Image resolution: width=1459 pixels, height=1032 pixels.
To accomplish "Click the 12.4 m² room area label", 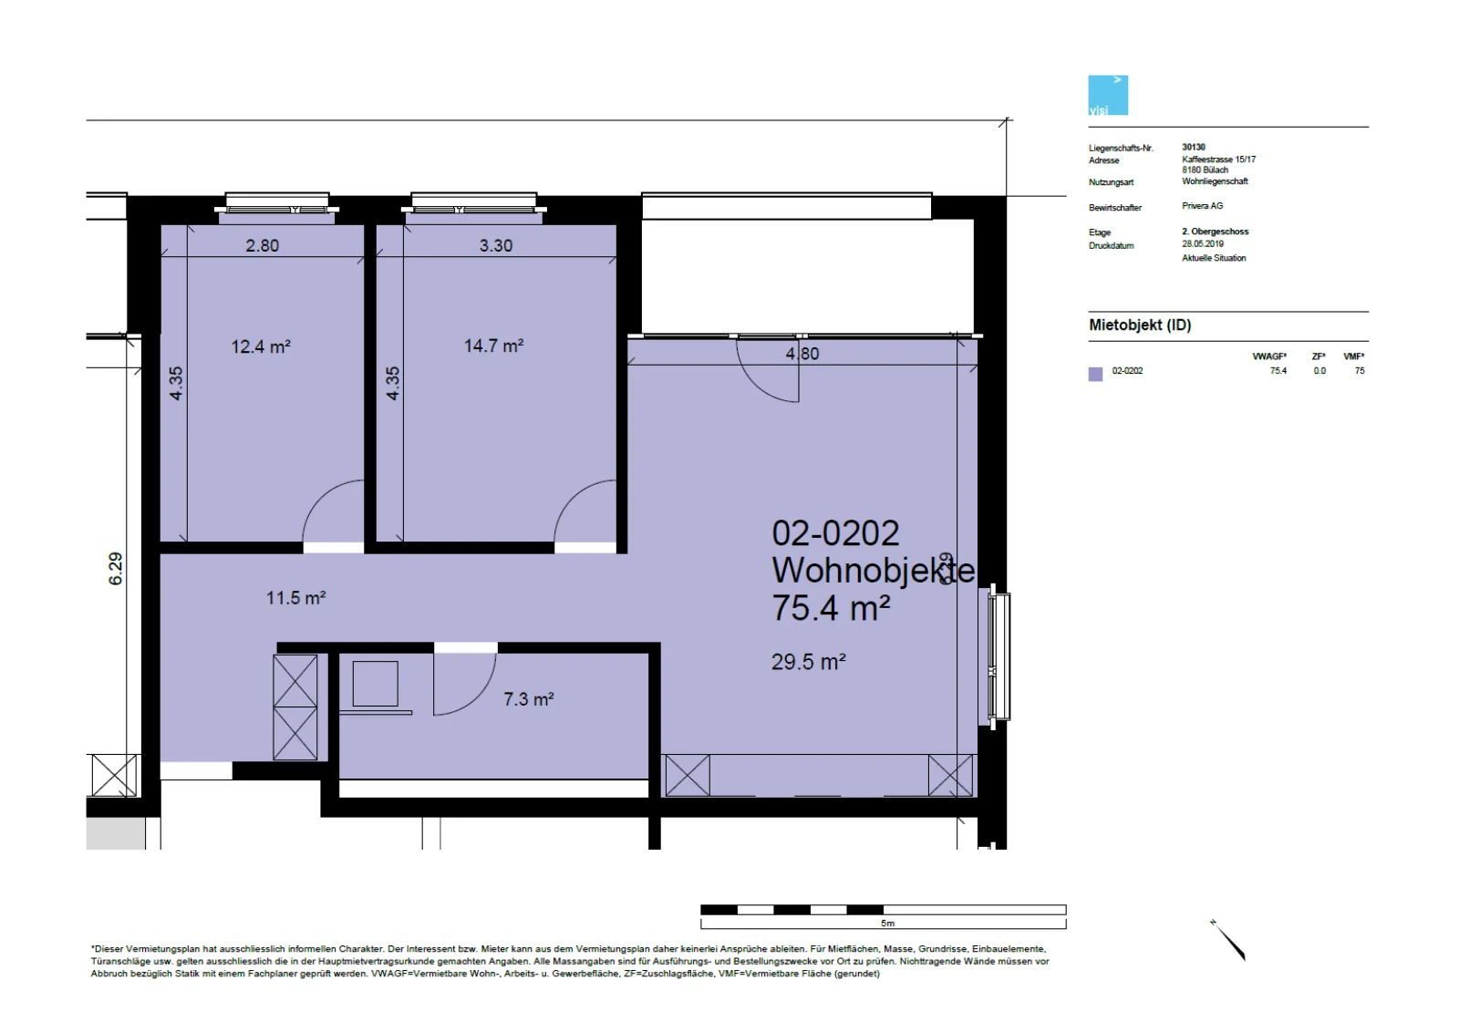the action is pyautogui.click(x=261, y=346).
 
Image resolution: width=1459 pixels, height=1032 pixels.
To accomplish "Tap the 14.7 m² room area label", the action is pyautogui.click(x=493, y=346).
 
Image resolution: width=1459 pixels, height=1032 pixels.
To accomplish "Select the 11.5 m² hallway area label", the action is pyautogui.click(x=295, y=598).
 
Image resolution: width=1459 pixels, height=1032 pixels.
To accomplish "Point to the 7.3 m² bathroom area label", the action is pyautogui.click(x=528, y=699).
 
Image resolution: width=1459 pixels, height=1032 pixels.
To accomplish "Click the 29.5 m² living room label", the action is pyautogui.click(x=808, y=662).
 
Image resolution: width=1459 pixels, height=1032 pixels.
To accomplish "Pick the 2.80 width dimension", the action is pyautogui.click(x=262, y=245).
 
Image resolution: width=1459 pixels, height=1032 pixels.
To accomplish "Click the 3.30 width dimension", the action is pyautogui.click(x=496, y=245).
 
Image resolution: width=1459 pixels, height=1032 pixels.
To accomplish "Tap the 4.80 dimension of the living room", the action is pyautogui.click(x=802, y=354).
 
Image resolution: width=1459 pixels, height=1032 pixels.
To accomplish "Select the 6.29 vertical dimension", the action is pyautogui.click(x=115, y=568).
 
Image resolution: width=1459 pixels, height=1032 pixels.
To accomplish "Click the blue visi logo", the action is pyautogui.click(x=1108, y=96).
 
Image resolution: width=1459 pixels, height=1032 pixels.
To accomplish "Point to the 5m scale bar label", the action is pyautogui.click(x=888, y=924).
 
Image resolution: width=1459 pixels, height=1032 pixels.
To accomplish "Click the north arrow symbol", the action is pyautogui.click(x=1228, y=940).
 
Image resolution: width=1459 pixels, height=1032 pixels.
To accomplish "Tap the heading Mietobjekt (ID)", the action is pyautogui.click(x=1140, y=325).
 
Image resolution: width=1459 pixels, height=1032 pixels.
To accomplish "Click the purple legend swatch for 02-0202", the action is pyautogui.click(x=1095, y=374).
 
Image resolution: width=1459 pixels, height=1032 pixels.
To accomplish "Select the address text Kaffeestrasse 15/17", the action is pyautogui.click(x=1218, y=160).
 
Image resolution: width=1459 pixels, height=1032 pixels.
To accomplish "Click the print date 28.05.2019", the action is pyautogui.click(x=1203, y=244).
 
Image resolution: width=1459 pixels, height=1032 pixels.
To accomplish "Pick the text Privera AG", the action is pyautogui.click(x=1203, y=206).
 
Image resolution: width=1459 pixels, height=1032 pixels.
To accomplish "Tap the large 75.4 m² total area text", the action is pyautogui.click(x=831, y=608).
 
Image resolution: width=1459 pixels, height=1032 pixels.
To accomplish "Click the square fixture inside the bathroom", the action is pyautogui.click(x=375, y=684).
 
